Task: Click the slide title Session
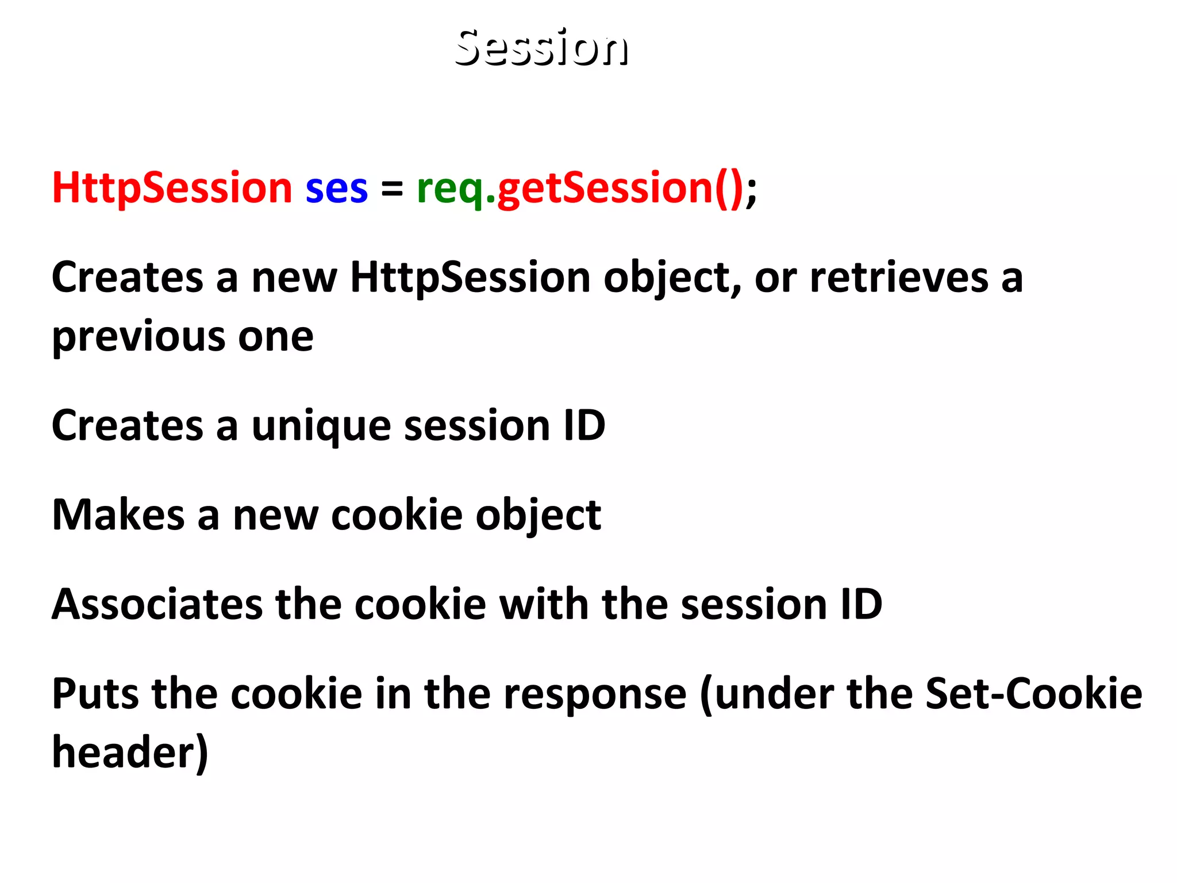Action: pos(541,48)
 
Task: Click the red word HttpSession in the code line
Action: pos(172,189)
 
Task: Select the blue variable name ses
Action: pos(336,190)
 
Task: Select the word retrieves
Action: pos(899,278)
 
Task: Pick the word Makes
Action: pos(118,515)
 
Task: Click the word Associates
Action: pos(157,605)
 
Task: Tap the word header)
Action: pos(130,753)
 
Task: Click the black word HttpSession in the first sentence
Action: pos(470,278)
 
